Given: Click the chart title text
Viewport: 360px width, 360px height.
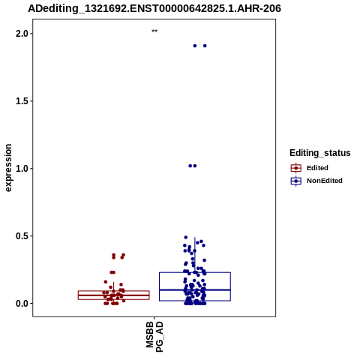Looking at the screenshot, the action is point(154,8).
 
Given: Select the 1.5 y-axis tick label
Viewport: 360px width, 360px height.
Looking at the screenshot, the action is point(22,101).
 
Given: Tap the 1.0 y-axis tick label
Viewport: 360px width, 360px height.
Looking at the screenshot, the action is point(22,169).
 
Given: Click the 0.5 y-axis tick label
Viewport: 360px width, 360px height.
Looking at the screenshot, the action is point(22,235).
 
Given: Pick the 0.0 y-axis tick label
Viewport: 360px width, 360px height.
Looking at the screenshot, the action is point(22,303).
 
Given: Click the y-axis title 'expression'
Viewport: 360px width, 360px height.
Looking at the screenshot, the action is point(8,168).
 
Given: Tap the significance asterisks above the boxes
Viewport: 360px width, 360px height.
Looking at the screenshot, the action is point(154,31).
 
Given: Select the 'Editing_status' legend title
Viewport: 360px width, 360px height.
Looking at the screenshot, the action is point(320,153).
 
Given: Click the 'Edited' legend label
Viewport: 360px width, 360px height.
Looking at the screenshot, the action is point(317,168).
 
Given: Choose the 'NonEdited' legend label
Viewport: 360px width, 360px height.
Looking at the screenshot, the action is point(325,181).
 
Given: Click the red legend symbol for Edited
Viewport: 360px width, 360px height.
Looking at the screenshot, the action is point(296,168).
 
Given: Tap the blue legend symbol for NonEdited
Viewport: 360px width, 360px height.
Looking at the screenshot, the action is point(296,181).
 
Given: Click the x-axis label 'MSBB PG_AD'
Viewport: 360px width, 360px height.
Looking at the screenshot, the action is point(154,337).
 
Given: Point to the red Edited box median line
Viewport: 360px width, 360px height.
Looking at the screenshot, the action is point(114,295).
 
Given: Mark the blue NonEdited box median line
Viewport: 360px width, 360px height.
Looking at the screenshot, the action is point(195,289).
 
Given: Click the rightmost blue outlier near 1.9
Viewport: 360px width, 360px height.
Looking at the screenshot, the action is point(205,46).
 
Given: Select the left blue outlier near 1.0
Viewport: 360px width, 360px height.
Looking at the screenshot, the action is point(190,166).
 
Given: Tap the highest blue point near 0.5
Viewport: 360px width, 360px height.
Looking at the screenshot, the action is point(186,237).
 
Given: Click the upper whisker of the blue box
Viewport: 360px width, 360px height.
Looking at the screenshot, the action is point(195,255).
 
